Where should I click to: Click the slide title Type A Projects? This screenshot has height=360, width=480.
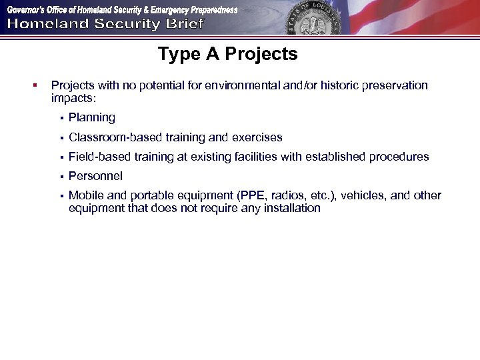coord(227,54)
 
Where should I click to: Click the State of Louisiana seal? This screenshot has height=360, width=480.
coord(312,19)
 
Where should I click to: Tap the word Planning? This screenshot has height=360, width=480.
coord(91,118)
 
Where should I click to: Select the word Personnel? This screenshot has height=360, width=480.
coord(95,177)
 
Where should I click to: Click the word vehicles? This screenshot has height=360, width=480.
coord(365,196)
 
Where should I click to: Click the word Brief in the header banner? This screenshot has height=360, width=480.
coord(184,25)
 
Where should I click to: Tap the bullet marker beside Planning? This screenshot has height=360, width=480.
coord(60,119)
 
